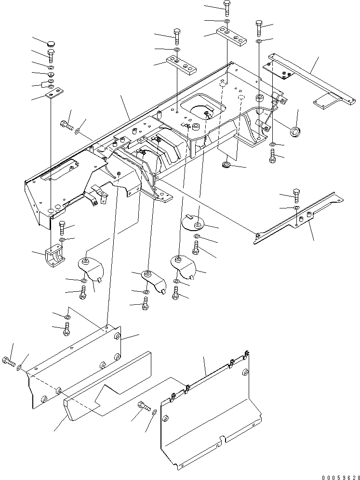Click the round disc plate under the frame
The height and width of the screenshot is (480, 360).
pos(194,223)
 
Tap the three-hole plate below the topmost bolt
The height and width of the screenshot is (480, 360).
pos(230,35)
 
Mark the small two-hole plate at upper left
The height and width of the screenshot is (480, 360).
pos(53,91)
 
